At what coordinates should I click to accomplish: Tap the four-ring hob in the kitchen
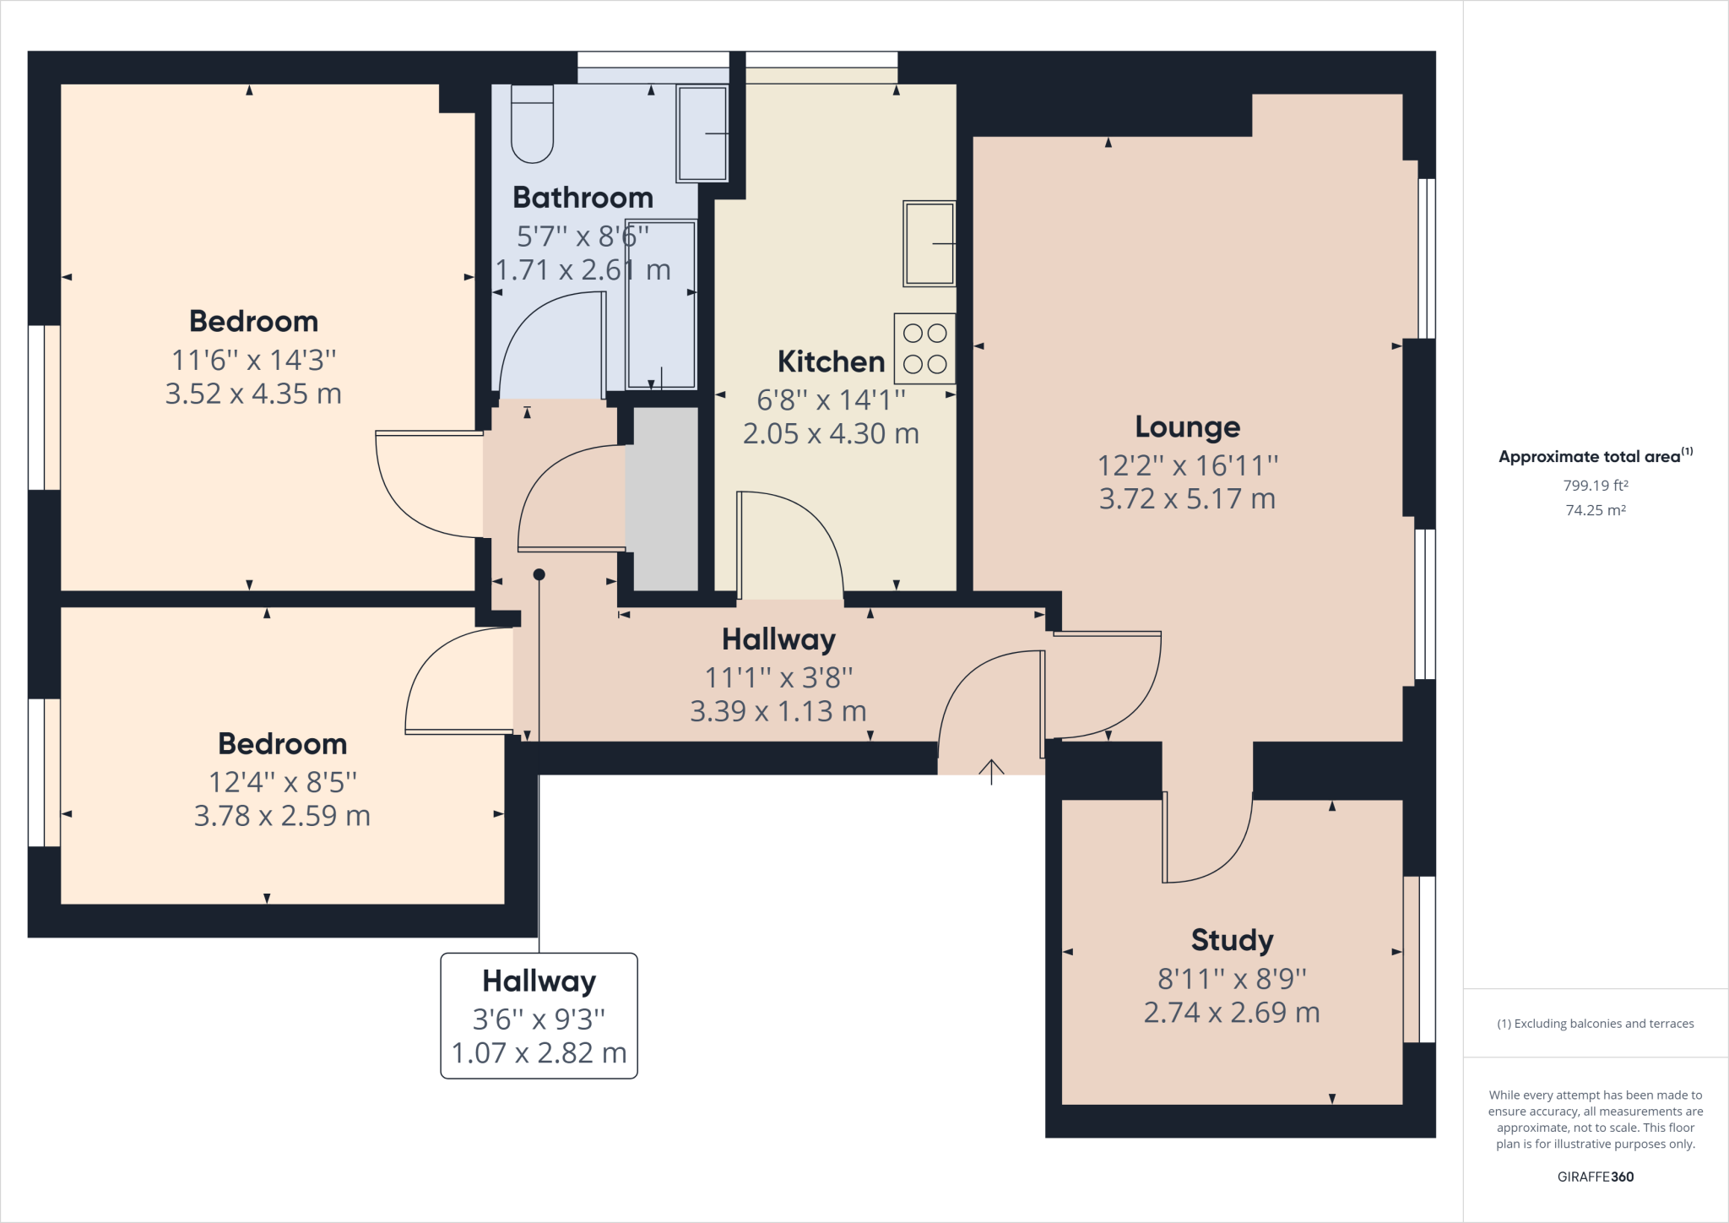[924, 349]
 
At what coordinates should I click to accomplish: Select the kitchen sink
[929, 243]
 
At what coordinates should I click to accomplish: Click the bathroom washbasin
[702, 133]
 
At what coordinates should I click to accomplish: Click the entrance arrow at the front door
[991, 770]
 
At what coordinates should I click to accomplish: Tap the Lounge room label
[1187, 427]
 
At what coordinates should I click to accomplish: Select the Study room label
[1232, 940]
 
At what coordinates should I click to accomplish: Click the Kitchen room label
[831, 362]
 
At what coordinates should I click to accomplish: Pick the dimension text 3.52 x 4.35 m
[253, 394]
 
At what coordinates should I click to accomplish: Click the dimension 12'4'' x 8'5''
[283, 783]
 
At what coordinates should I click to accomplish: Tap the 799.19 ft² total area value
[1595, 486]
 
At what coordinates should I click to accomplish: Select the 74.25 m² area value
[1595, 510]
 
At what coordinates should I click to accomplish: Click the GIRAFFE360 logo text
[1595, 1177]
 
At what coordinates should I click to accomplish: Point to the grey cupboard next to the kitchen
[665, 498]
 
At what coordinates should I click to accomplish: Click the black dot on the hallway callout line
[539, 575]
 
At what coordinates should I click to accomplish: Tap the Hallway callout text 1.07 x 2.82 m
[539, 1053]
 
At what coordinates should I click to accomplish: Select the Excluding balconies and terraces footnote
[1595, 1024]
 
